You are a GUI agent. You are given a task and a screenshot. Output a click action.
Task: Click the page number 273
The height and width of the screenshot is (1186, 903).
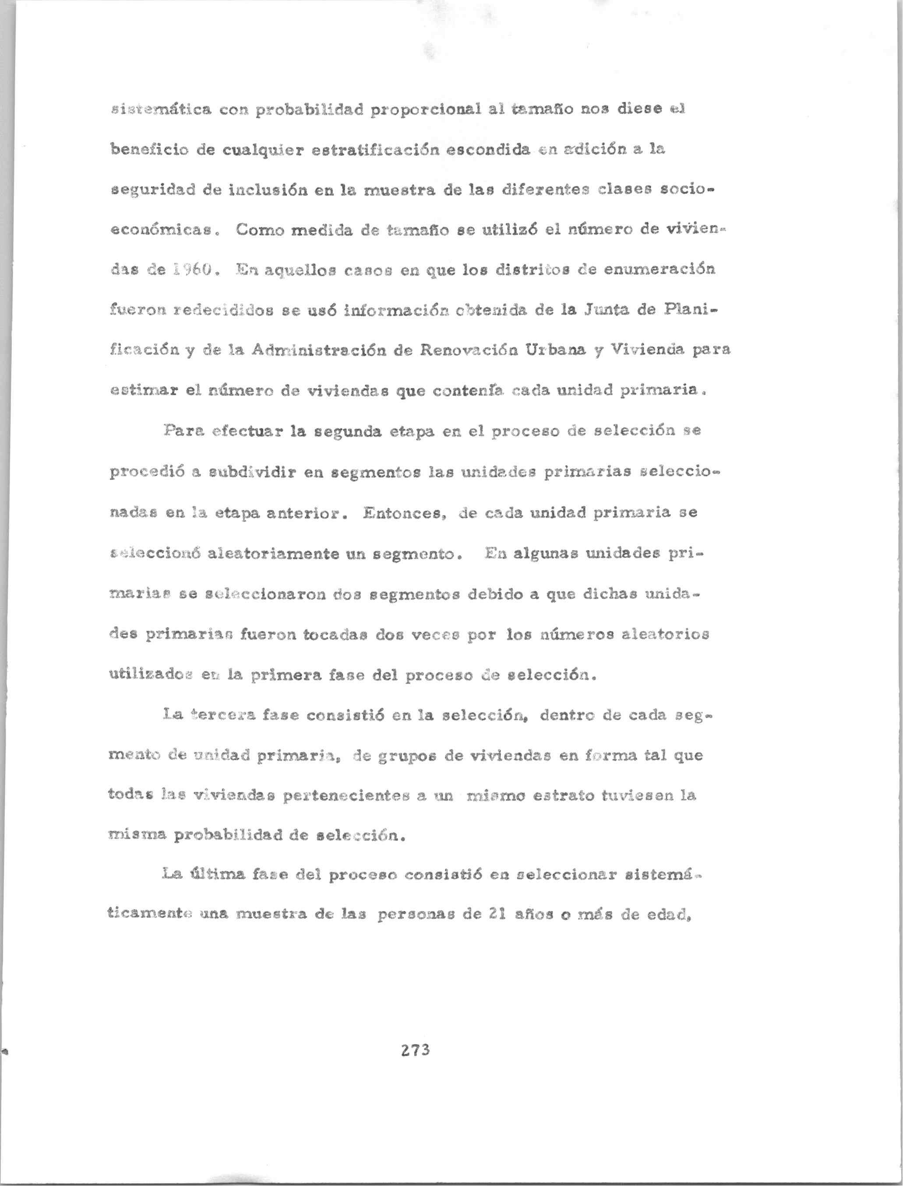[415, 1049]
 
